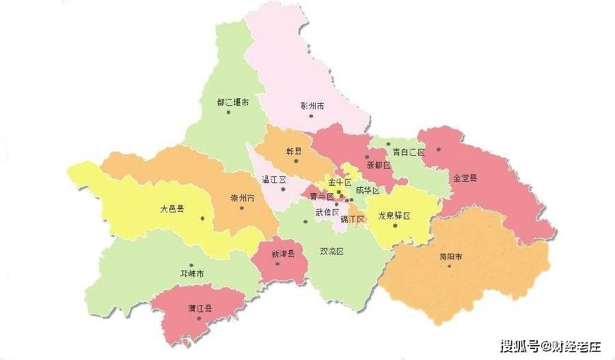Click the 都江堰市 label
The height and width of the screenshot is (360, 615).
tap(232, 102)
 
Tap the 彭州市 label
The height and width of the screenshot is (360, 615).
tap(312, 106)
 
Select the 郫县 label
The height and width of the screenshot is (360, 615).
tap(294, 151)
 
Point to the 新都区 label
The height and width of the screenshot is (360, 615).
tap(378, 165)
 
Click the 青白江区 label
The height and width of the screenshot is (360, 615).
tap(409, 152)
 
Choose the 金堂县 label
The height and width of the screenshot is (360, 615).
tap(465, 178)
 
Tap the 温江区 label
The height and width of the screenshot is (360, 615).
tap(273, 180)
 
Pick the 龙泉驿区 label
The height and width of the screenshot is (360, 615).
tap(394, 215)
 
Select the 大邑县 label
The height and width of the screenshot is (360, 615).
tap(172, 208)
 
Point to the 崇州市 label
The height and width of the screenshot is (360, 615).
tap(242, 198)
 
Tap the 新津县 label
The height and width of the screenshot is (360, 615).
tap(282, 253)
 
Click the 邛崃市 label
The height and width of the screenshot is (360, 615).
tap(192, 274)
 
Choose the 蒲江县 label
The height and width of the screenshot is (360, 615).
tap(200, 308)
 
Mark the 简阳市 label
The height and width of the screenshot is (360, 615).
tap(450, 257)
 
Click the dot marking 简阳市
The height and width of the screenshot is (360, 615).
tap(450, 266)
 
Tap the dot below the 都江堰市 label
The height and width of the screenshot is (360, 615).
tap(228, 112)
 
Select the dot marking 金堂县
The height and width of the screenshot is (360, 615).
tap(439, 150)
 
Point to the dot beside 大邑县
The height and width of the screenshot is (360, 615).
tap(203, 218)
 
